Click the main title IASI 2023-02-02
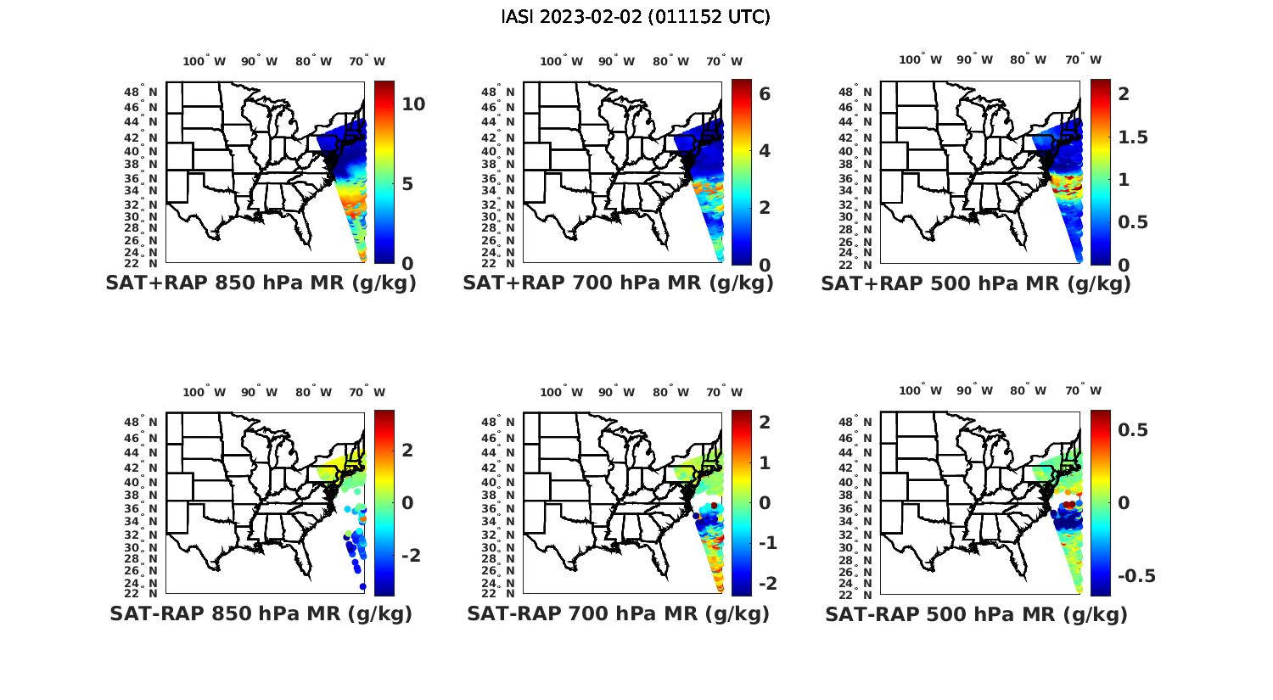coord(636,17)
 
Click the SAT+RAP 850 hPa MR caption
coord(261,283)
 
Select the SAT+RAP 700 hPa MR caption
coord(618,283)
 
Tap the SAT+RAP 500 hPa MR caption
coord(976,283)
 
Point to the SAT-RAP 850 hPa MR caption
coord(261,613)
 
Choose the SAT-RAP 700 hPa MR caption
coord(618,613)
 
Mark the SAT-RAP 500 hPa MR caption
coord(976,613)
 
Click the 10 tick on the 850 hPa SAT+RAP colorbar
coord(413,104)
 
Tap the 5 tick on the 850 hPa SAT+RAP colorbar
coord(407,184)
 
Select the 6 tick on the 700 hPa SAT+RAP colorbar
coord(765,94)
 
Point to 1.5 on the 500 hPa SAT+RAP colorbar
coord(1133,137)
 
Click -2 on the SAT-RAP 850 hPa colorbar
coord(410,555)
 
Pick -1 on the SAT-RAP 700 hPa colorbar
coord(767,543)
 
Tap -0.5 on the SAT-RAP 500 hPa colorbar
coord(1136,576)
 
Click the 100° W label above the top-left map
coord(204,61)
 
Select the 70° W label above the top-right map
coord(1083,59)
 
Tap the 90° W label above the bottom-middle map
coord(616,392)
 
